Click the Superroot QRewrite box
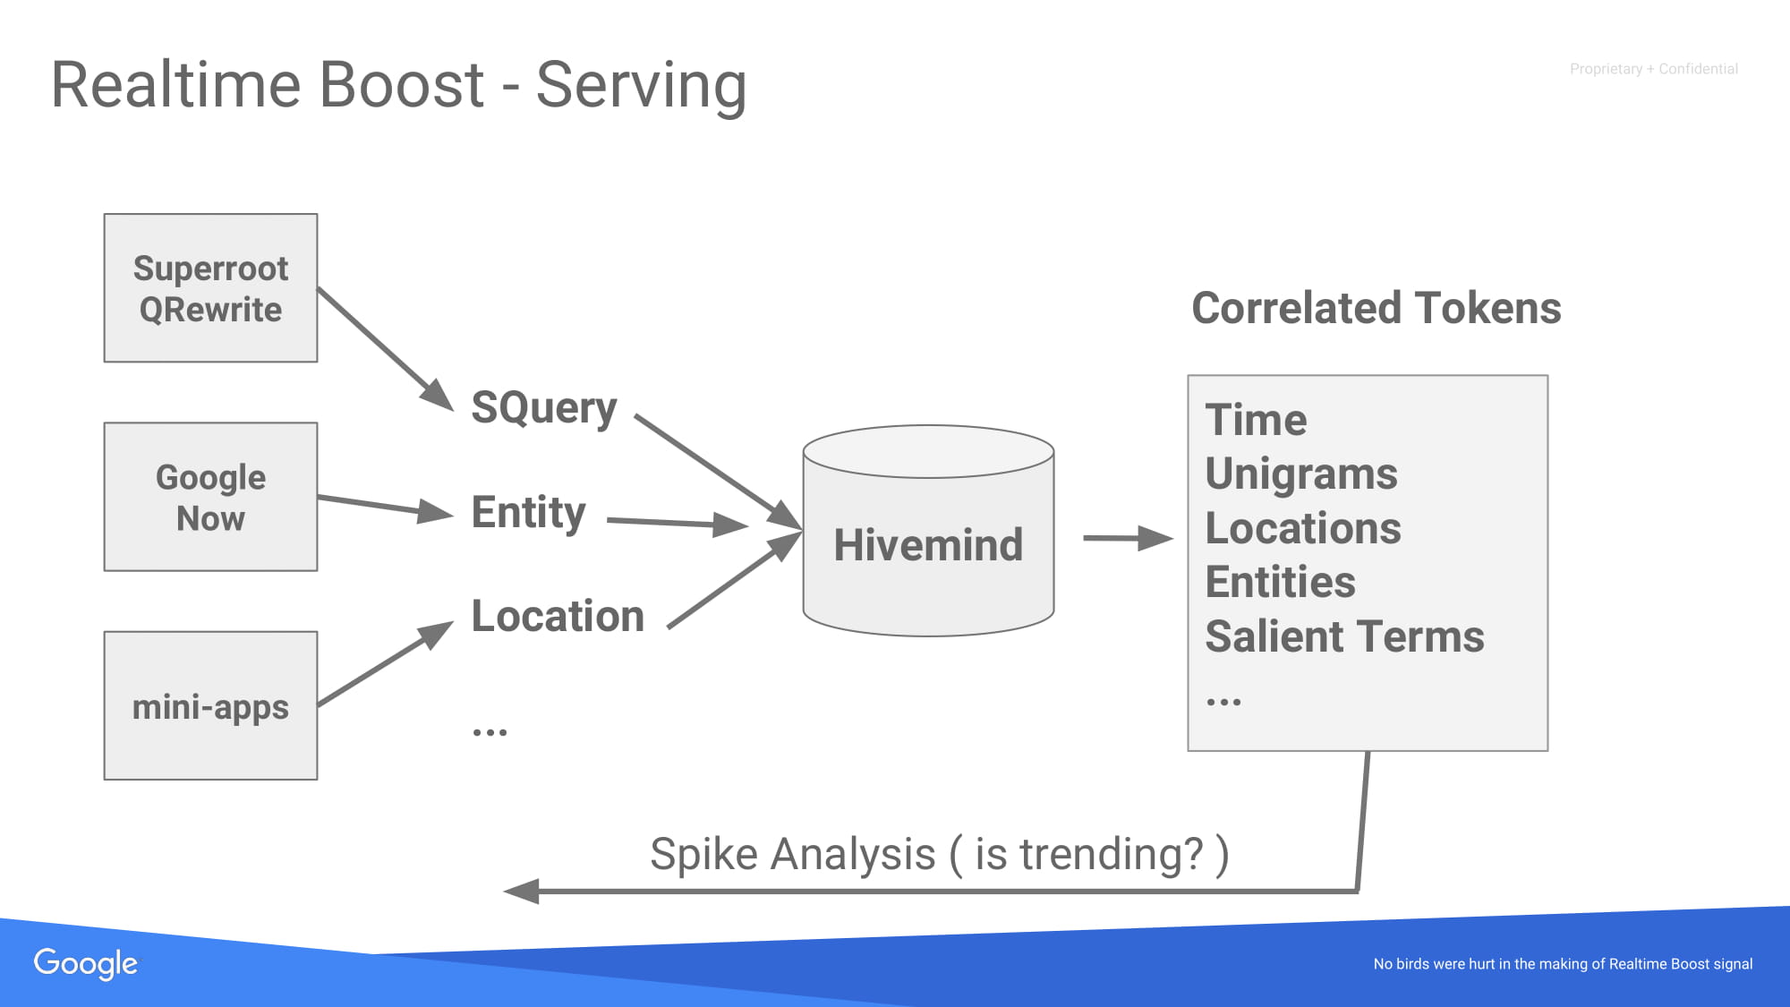pos(210,287)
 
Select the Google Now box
pos(210,497)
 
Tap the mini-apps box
pos(210,705)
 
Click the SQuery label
pos(544,409)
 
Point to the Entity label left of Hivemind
pos(528,513)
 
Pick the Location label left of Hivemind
pos(558,616)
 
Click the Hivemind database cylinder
pos(928,531)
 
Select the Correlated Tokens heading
pos(1377,308)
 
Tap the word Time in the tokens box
pos(1256,420)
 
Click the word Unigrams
pos(1301,474)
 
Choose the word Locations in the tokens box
pos(1303,528)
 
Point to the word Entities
pos(1280,582)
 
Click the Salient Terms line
pos(1344,636)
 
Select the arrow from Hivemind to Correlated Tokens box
pos(1128,538)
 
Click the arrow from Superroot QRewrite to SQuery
pos(386,349)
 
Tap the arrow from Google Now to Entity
pos(386,507)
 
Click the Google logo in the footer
pos(86,964)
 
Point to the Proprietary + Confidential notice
pos(1653,69)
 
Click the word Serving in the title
pos(641,87)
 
